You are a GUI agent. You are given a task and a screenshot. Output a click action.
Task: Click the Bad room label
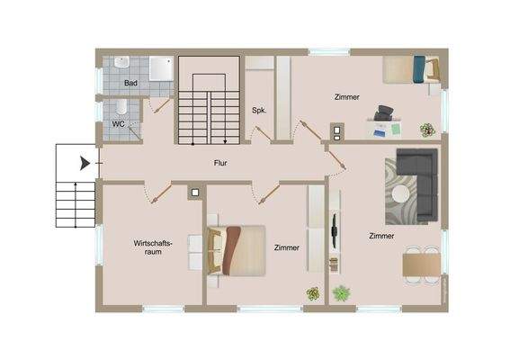(x=131, y=83)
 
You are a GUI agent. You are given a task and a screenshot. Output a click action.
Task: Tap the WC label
(x=118, y=124)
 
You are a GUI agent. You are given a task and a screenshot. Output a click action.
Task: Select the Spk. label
(x=257, y=111)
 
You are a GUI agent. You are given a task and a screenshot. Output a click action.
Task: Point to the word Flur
(x=219, y=163)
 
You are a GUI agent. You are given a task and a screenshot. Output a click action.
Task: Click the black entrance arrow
(x=84, y=163)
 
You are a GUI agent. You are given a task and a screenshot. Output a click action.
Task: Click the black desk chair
(x=385, y=112)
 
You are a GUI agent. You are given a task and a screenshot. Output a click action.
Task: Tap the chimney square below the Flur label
(x=194, y=192)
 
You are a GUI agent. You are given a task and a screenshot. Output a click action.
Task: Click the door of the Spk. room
(x=263, y=133)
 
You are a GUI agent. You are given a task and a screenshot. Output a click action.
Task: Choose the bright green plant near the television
(x=341, y=292)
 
